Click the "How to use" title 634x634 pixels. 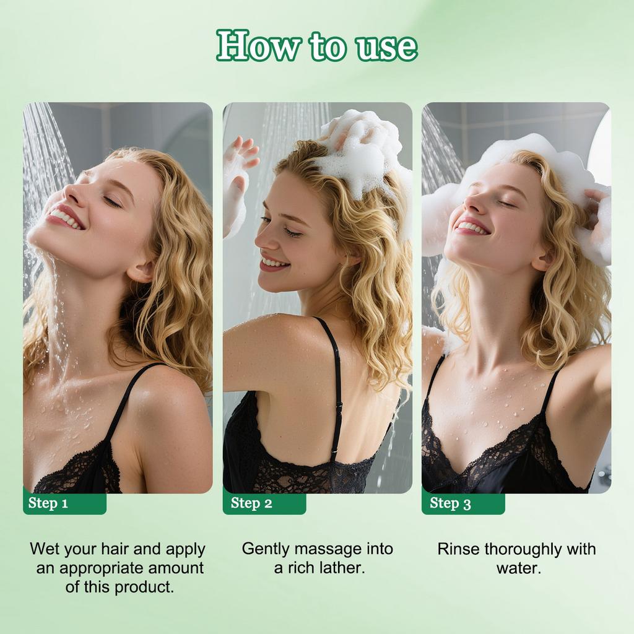click(x=317, y=46)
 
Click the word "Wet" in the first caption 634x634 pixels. click(x=45, y=549)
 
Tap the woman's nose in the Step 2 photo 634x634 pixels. click(x=262, y=238)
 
